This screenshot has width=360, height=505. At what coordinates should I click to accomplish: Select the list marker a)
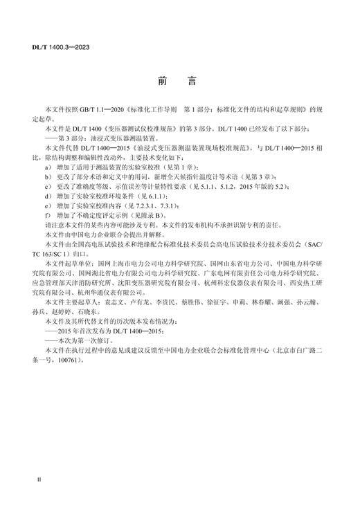47,168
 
